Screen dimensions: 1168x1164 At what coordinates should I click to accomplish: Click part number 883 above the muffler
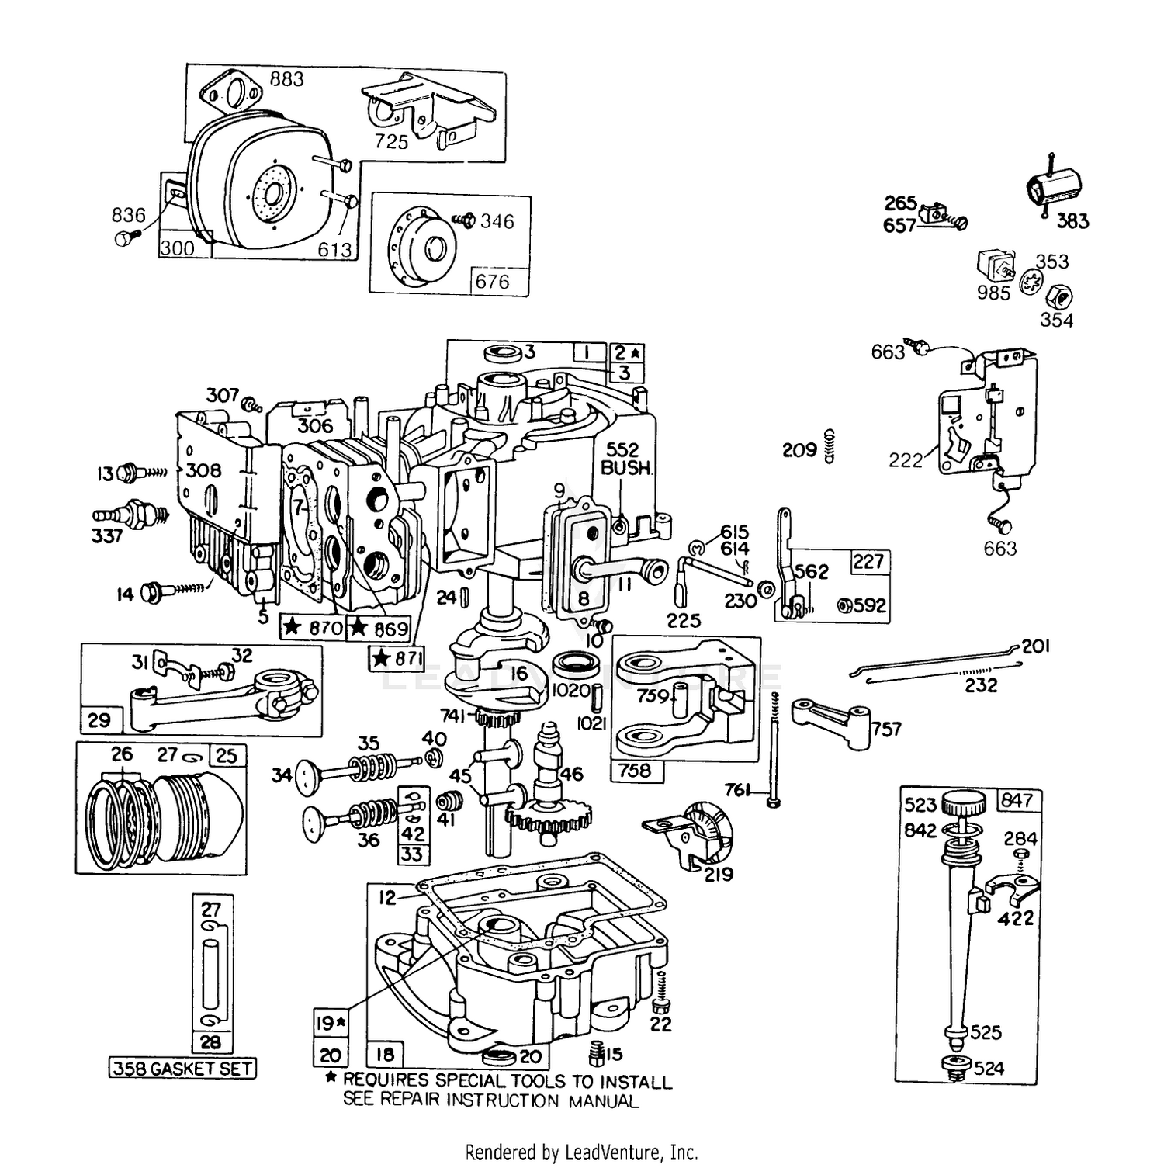[x=287, y=79]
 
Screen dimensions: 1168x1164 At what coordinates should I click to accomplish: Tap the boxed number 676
[x=493, y=281]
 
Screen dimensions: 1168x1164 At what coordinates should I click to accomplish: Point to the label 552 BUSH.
[x=623, y=459]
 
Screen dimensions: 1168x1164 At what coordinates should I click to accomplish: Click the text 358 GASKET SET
[x=182, y=1069]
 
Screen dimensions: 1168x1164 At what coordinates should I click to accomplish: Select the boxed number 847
[x=1017, y=799]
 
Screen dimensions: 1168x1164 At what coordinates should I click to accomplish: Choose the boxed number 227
[x=868, y=560]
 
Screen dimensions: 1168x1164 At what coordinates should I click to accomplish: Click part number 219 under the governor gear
[x=719, y=875]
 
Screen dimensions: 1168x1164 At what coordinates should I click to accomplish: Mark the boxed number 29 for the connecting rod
[x=99, y=719]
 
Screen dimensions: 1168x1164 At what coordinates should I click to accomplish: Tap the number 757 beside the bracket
[x=886, y=729]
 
